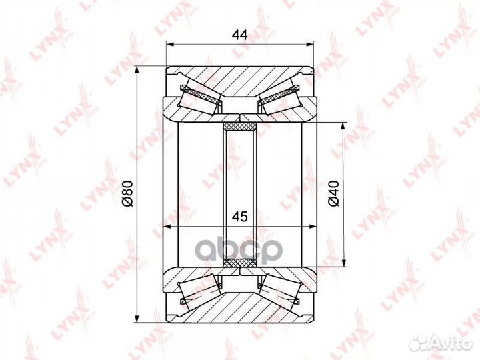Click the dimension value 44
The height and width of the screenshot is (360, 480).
240,35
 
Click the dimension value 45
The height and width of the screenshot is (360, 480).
240,217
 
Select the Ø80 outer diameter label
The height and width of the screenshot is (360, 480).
127,193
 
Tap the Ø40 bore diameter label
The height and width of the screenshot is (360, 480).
335,193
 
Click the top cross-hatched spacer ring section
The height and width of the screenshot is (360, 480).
240,126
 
